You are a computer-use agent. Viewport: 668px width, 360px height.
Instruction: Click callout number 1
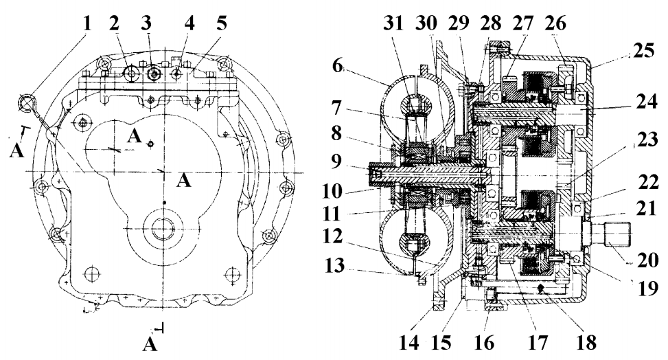pyautogui.click(x=87, y=23)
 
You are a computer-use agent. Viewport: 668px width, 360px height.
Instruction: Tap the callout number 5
pyautogui.click(x=222, y=23)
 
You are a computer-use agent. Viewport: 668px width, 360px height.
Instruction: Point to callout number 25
pyautogui.click(x=643, y=51)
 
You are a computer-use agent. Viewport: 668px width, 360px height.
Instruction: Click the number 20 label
pyautogui.click(x=647, y=260)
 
